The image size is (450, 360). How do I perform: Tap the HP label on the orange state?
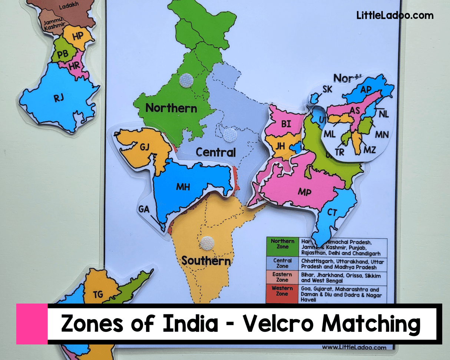(77, 36)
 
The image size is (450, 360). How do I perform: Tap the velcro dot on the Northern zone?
(186, 80)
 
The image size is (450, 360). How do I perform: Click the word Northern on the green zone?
(171, 108)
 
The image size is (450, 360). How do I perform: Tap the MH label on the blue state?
(182, 186)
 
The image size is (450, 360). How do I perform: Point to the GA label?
(144, 209)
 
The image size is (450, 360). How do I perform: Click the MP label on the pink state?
(304, 192)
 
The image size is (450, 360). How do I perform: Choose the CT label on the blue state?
(332, 213)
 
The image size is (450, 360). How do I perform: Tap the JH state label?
(280, 146)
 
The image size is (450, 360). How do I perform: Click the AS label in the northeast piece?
(355, 110)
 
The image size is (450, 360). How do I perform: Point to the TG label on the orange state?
(98, 295)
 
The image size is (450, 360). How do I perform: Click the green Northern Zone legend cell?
(282, 247)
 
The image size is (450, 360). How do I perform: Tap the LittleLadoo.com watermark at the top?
(395, 15)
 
